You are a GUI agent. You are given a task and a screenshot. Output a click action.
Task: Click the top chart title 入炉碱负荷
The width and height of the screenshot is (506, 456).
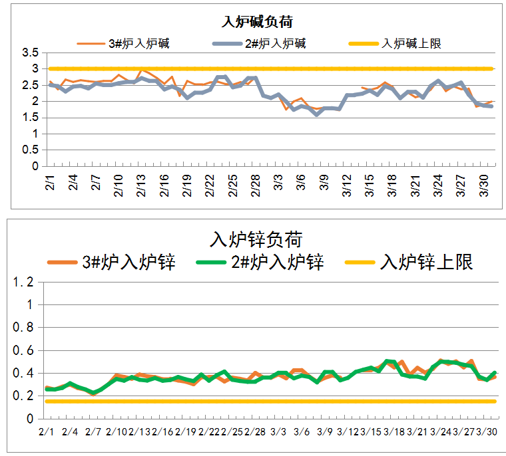point(257,22)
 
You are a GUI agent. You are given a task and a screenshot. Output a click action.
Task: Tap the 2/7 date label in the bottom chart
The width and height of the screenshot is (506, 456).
point(93,432)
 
